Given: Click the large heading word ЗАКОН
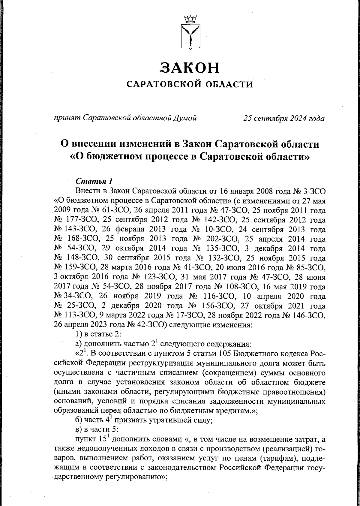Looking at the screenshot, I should pos(190,68).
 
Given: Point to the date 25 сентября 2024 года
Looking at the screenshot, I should pos(284,119).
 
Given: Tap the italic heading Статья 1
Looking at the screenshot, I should pos(94,181).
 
